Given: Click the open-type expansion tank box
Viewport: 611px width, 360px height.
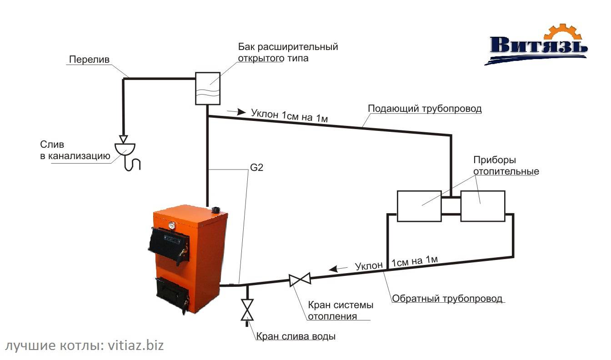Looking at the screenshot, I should [x=208, y=89].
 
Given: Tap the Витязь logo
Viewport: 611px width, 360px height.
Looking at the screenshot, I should [x=539, y=45].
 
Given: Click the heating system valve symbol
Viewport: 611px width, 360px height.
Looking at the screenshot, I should [x=300, y=279].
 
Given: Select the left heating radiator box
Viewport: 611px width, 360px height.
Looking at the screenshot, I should [x=419, y=206].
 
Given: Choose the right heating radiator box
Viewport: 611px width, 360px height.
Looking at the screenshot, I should [x=482, y=206].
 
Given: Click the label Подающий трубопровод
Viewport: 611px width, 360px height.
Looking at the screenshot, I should [x=424, y=109].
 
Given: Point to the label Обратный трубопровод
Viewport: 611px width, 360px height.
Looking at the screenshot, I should [x=447, y=299].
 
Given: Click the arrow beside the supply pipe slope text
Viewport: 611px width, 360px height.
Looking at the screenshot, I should [x=232, y=111].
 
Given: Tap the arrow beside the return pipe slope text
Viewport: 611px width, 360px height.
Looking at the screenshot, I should [x=337, y=268].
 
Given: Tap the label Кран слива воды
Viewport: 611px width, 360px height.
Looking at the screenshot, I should [x=296, y=337].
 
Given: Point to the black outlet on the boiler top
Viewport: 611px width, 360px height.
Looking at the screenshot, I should [x=216, y=209].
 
